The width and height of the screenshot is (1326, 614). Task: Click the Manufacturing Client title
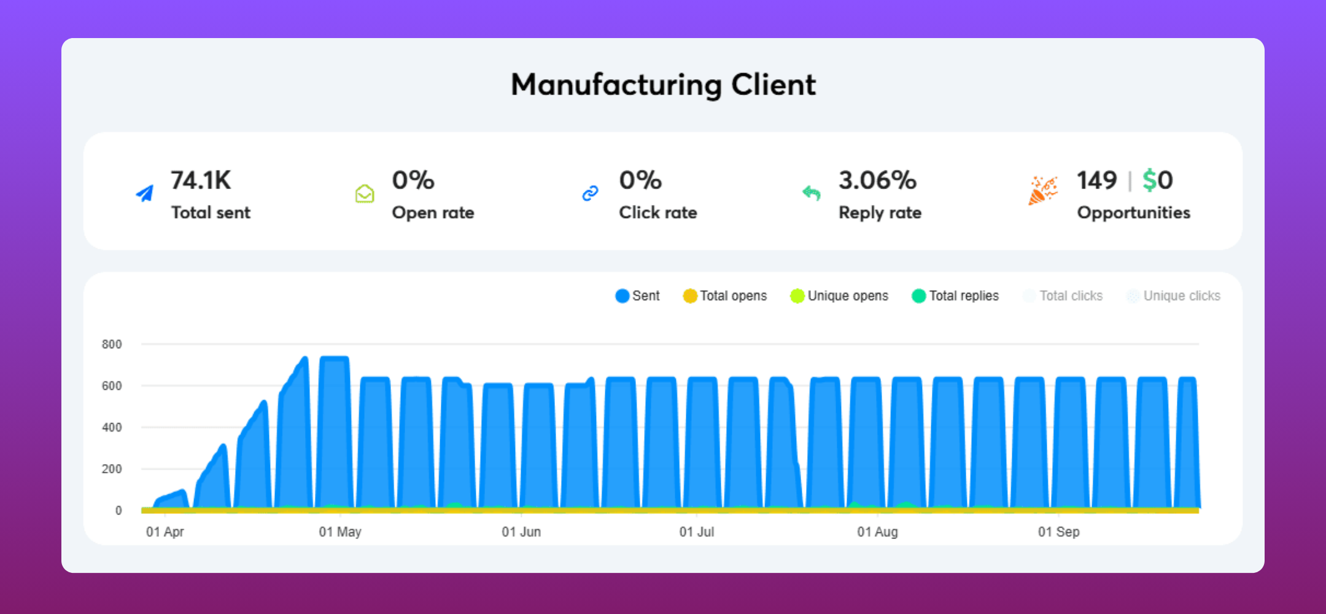point(663,85)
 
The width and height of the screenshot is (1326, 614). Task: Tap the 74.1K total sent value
point(201,181)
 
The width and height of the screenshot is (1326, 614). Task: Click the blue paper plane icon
point(145,194)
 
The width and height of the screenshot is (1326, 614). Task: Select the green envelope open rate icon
point(365,194)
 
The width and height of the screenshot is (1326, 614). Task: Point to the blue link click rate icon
point(590,193)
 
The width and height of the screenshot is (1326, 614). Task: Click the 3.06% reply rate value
point(877,181)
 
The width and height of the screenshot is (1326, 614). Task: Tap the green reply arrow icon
point(812,193)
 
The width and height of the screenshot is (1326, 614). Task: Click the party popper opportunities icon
point(1042,190)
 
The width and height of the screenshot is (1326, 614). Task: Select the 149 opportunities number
point(1096,181)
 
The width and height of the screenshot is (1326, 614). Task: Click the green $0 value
point(1157,181)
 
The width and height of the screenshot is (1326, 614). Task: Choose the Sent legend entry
point(638,296)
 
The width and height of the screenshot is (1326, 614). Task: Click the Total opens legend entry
point(725,296)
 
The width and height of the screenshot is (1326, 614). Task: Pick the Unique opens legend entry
point(839,296)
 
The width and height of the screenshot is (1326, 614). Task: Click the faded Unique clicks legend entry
point(1173,296)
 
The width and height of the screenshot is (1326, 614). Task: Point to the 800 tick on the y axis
point(112,344)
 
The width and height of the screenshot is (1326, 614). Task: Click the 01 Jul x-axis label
point(696,532)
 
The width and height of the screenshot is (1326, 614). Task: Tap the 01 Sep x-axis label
point(1058,532)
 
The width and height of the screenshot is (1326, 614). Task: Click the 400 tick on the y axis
point(112,427)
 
